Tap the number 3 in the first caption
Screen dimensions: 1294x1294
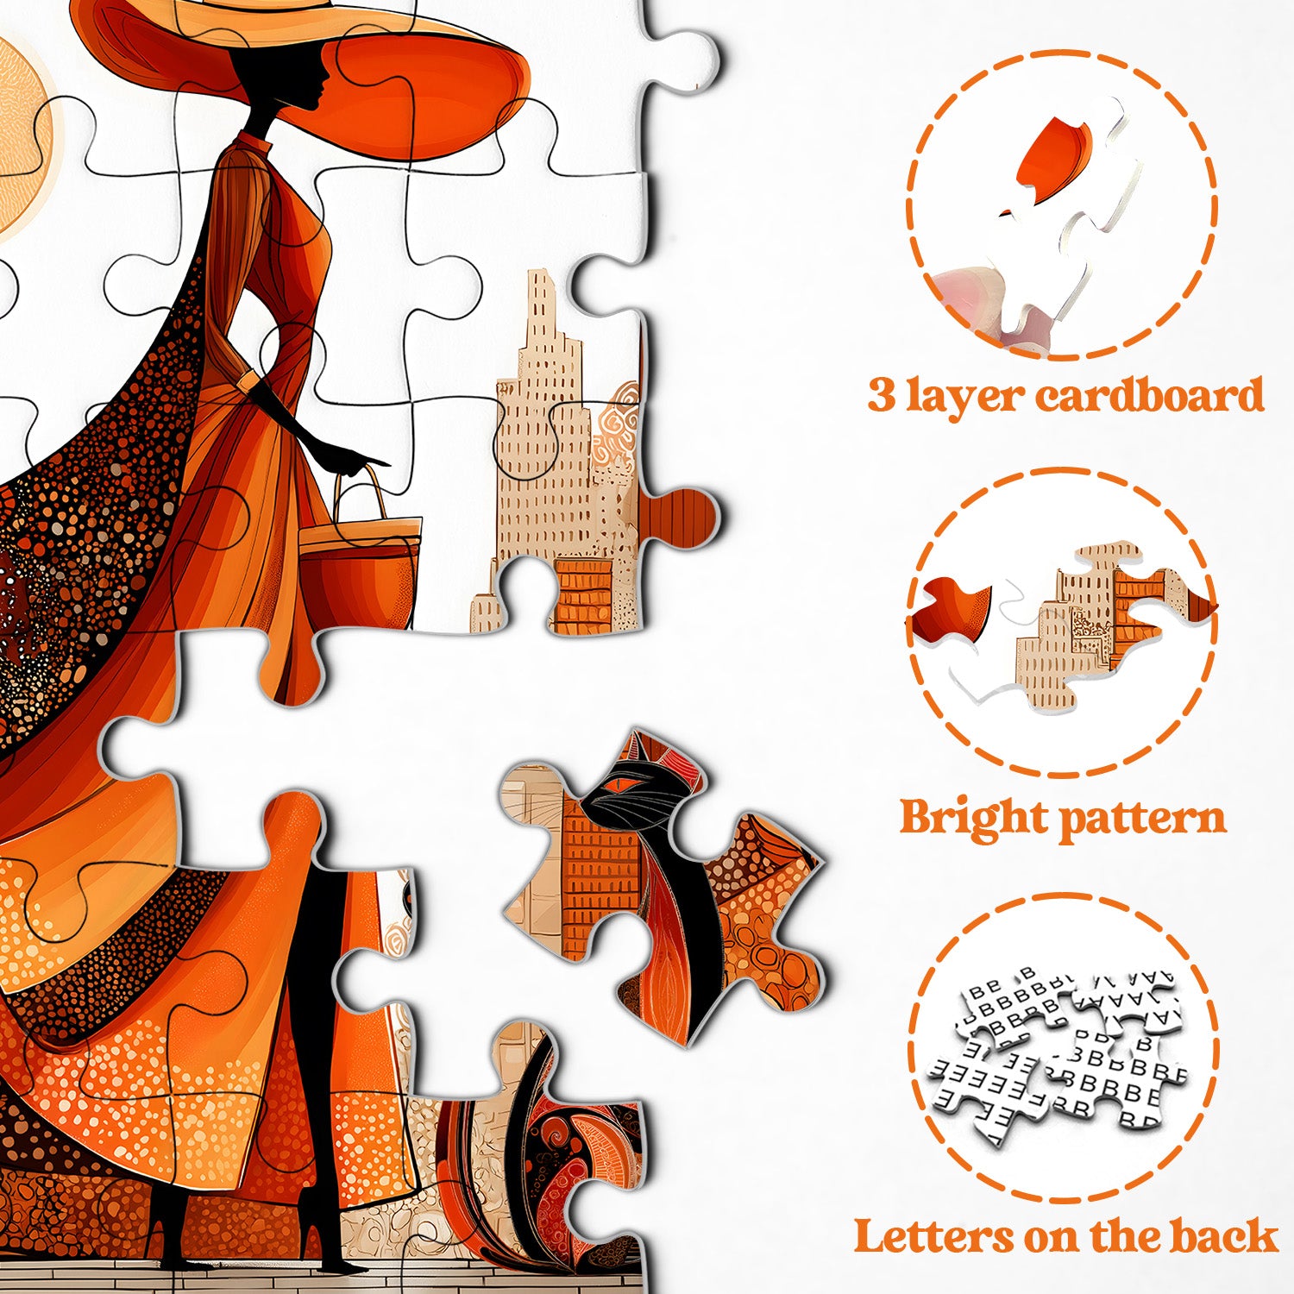(x=882, y=396)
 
